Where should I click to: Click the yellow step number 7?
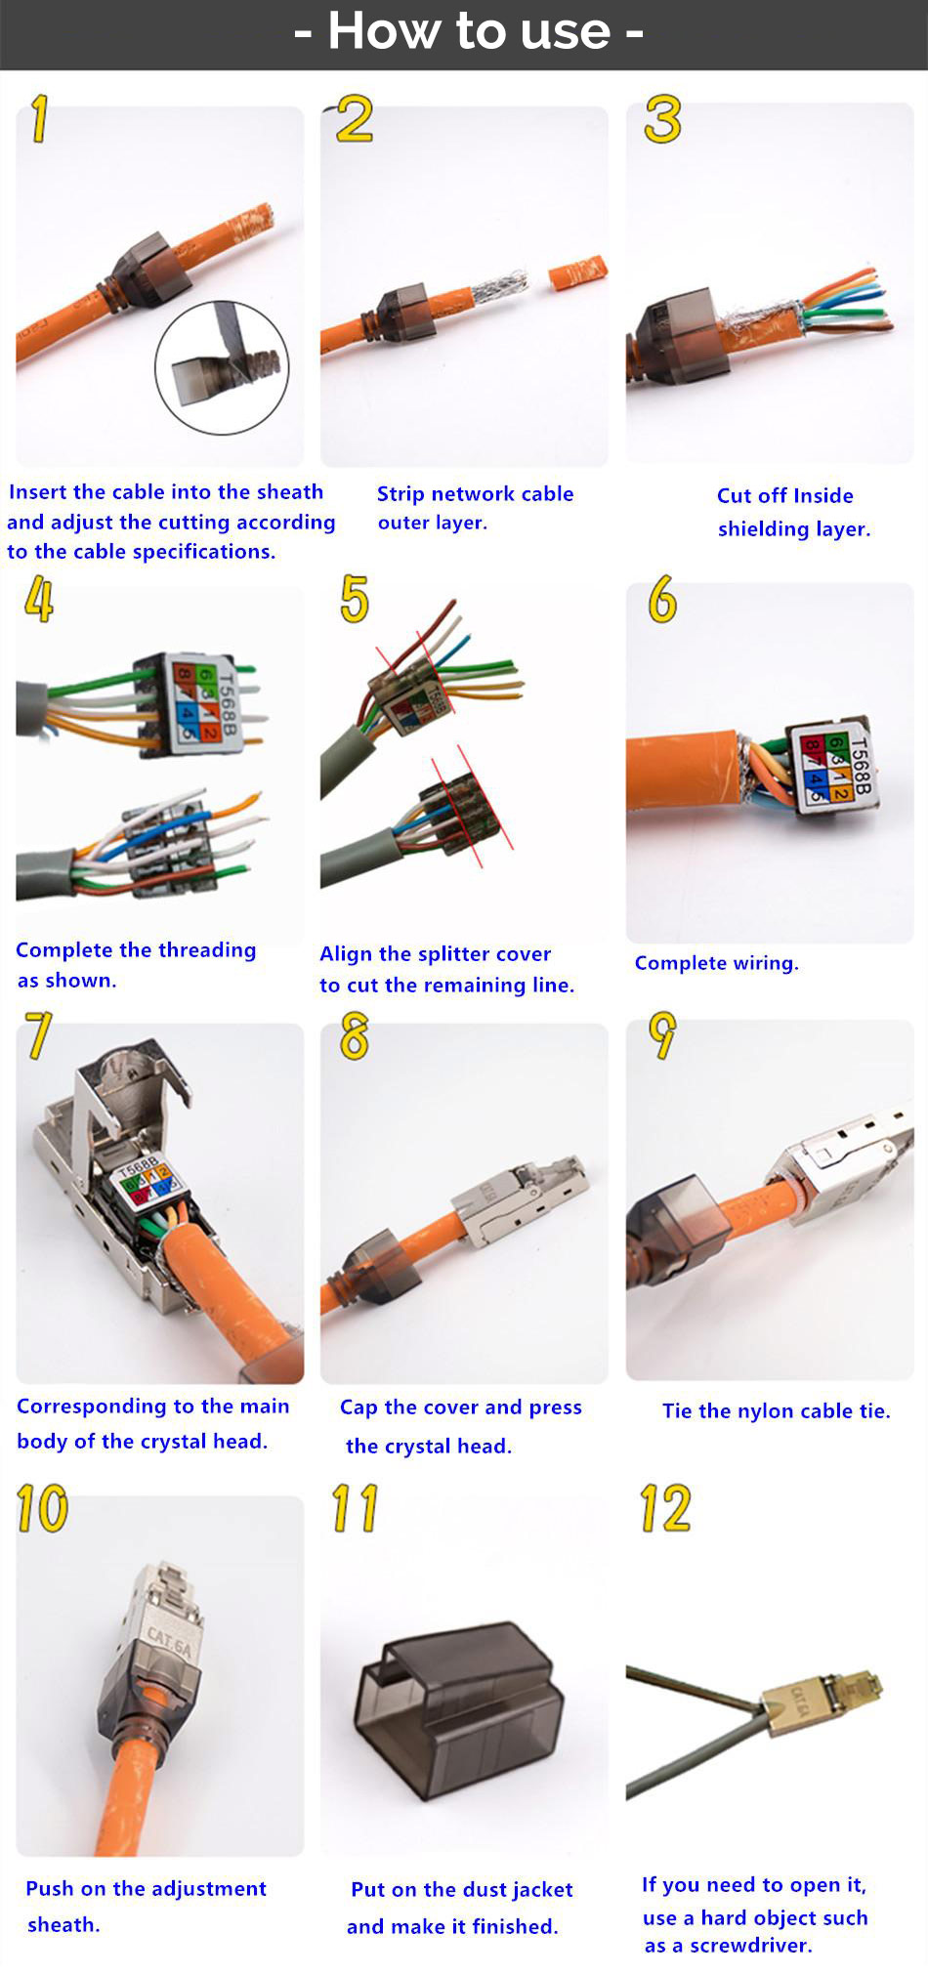[39, 1035]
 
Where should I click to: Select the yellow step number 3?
[662, 119]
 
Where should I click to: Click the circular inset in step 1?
[222, 367]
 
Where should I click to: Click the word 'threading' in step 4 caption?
[207, 950]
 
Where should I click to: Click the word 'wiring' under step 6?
[766, 963]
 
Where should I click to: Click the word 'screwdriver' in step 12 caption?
[750, 1945]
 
